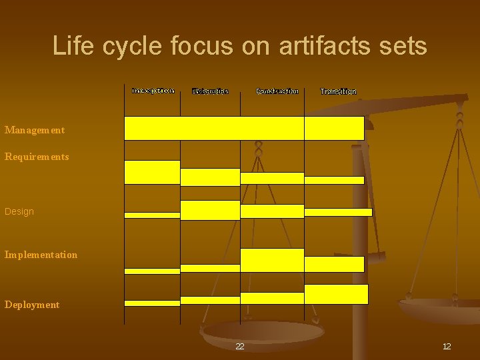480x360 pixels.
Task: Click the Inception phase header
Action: point(153,90)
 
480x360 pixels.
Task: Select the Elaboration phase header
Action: point(210,91)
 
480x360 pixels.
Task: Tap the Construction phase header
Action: point(277,91)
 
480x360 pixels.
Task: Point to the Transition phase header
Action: point(338,91)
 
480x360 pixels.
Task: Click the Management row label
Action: point(35,130)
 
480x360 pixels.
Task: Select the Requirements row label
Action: point(37,157)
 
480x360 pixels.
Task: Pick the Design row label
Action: point(19,211)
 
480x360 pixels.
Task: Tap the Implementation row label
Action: point(41,255)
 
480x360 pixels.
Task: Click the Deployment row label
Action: point(32,305)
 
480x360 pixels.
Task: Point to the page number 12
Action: point(447,346)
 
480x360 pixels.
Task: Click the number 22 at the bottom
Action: point(240,346)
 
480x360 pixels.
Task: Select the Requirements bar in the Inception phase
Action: point(152,172)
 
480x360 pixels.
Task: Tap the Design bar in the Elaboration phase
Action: point(210,210)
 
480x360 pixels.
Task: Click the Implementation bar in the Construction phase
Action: point(272,260)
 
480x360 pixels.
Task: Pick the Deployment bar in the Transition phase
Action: point(336,294)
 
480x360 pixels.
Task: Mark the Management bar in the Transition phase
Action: point(334,128)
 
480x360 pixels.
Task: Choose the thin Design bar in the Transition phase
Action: point(338,212)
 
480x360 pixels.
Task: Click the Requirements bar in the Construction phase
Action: point(272,178)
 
